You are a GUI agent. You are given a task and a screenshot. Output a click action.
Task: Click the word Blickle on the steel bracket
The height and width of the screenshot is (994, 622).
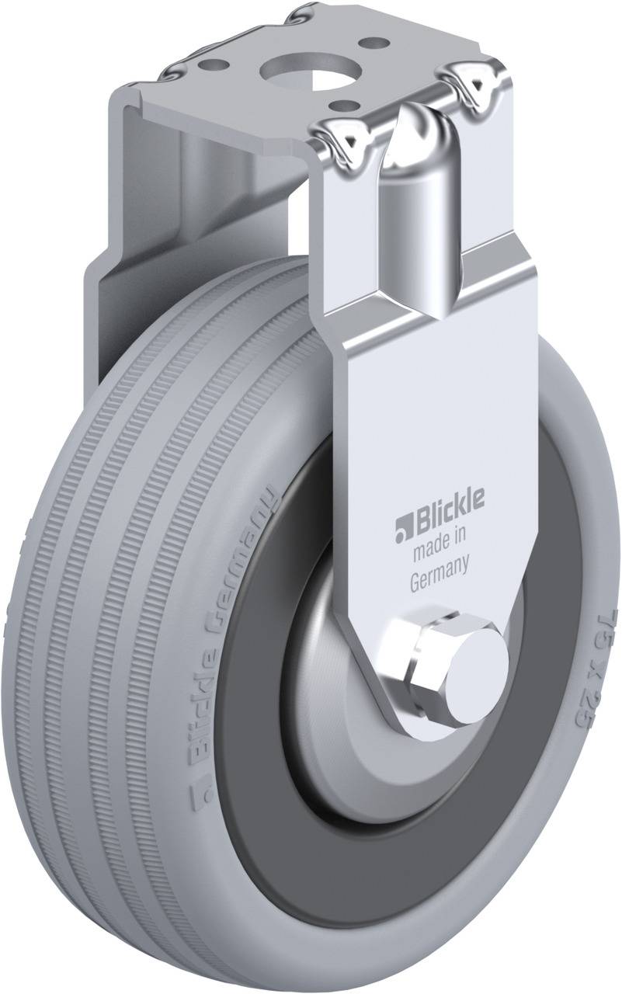tap(443, 502)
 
